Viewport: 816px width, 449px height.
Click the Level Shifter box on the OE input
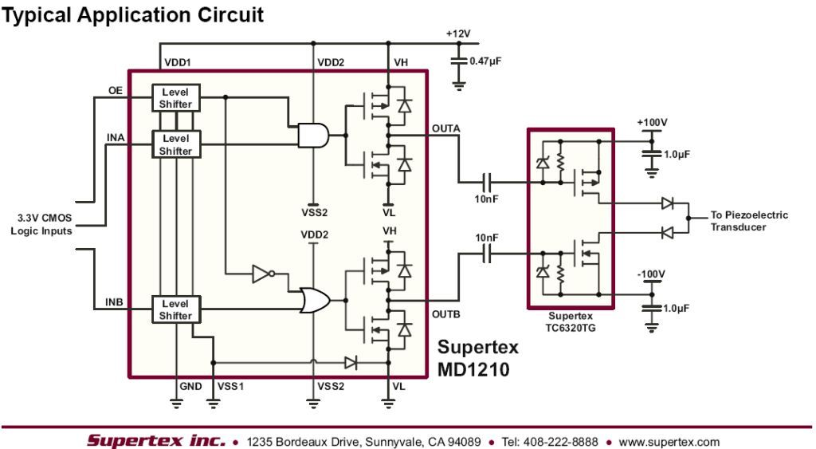(176, 98)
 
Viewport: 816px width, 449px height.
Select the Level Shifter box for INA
(176, 145)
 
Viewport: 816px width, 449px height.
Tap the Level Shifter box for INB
(176, 309)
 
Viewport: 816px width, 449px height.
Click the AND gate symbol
(312, 136)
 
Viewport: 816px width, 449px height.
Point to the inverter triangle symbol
(264, 275)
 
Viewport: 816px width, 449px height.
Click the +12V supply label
(461, 34)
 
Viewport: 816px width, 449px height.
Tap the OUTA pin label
(445, 127)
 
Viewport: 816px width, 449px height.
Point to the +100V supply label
(652, 122)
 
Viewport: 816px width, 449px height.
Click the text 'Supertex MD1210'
(478, 358)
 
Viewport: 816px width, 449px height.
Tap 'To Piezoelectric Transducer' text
(749, 220)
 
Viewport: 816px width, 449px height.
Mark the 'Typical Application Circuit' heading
(131, 14)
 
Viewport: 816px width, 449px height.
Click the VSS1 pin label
(230, 386)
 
